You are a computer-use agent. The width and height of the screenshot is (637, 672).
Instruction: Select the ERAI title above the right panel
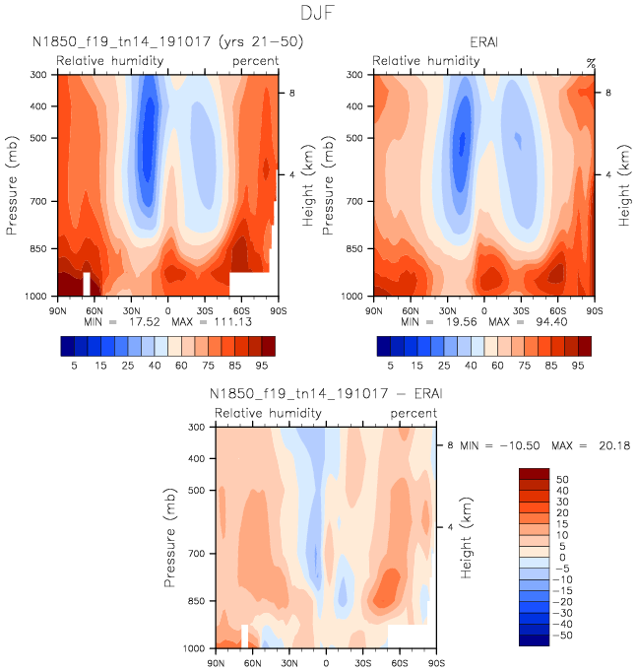pos(482,42)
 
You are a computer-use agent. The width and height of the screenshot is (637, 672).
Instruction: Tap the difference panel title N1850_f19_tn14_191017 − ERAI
pos(322,394)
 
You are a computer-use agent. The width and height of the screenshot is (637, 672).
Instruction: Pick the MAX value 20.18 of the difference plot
pos(610,445)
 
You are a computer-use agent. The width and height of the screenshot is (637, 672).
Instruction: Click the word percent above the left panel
pos(255,62)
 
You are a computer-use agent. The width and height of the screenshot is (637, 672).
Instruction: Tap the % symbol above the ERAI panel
pos(591,62)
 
